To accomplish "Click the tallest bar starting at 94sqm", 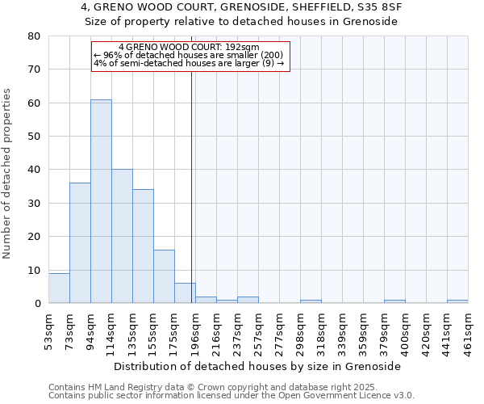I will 101,201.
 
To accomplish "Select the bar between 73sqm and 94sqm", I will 80,242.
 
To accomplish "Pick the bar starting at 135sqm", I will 143,246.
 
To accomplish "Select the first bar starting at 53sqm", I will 59,288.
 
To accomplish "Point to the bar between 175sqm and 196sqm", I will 185,293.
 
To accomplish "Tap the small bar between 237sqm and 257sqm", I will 248,300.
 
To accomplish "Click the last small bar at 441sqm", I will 457,301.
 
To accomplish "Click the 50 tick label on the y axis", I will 34,137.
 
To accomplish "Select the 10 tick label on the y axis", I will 34,270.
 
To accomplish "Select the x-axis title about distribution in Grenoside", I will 257,366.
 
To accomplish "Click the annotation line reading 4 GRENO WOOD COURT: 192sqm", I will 189,48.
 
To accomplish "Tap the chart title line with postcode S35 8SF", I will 242,7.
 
